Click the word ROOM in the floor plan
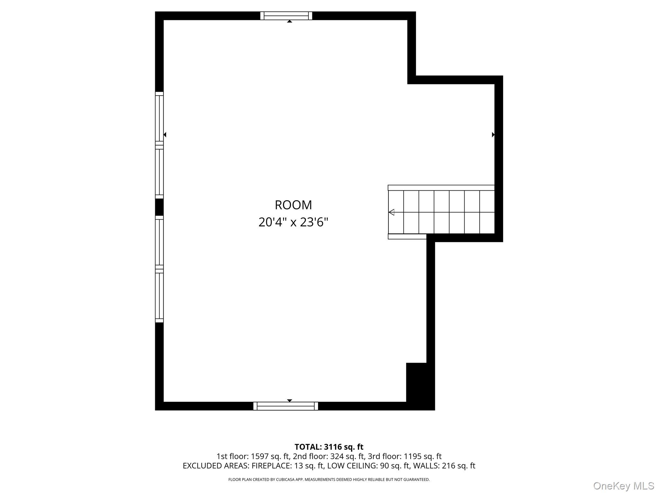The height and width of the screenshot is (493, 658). [x=293, y=205]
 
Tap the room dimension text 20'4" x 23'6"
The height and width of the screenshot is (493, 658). [x=293, y=222]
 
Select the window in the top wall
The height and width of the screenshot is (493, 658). [x=286, y=16]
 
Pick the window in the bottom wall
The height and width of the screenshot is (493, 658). [x=286, y=406]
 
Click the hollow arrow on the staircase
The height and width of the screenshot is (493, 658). [x=391, y=212]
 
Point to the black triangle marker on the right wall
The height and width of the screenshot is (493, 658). [x=493, y=134]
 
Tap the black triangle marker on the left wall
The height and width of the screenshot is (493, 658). [x=165, y=134]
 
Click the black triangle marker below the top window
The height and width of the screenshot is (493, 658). [x=289, y=21]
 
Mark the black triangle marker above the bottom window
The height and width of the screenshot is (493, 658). [x=289, y=401]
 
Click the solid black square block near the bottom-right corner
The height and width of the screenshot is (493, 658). [x=416, y=382]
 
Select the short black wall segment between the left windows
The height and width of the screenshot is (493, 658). [x=159, y=207]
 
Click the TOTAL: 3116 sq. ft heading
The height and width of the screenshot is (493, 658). [x=329, y=447]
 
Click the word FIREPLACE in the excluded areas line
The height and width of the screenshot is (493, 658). [x=271, y=466]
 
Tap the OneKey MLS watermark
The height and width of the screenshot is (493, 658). [x=624, y=486]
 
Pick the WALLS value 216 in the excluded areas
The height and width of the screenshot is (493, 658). [x=449, y=466]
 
